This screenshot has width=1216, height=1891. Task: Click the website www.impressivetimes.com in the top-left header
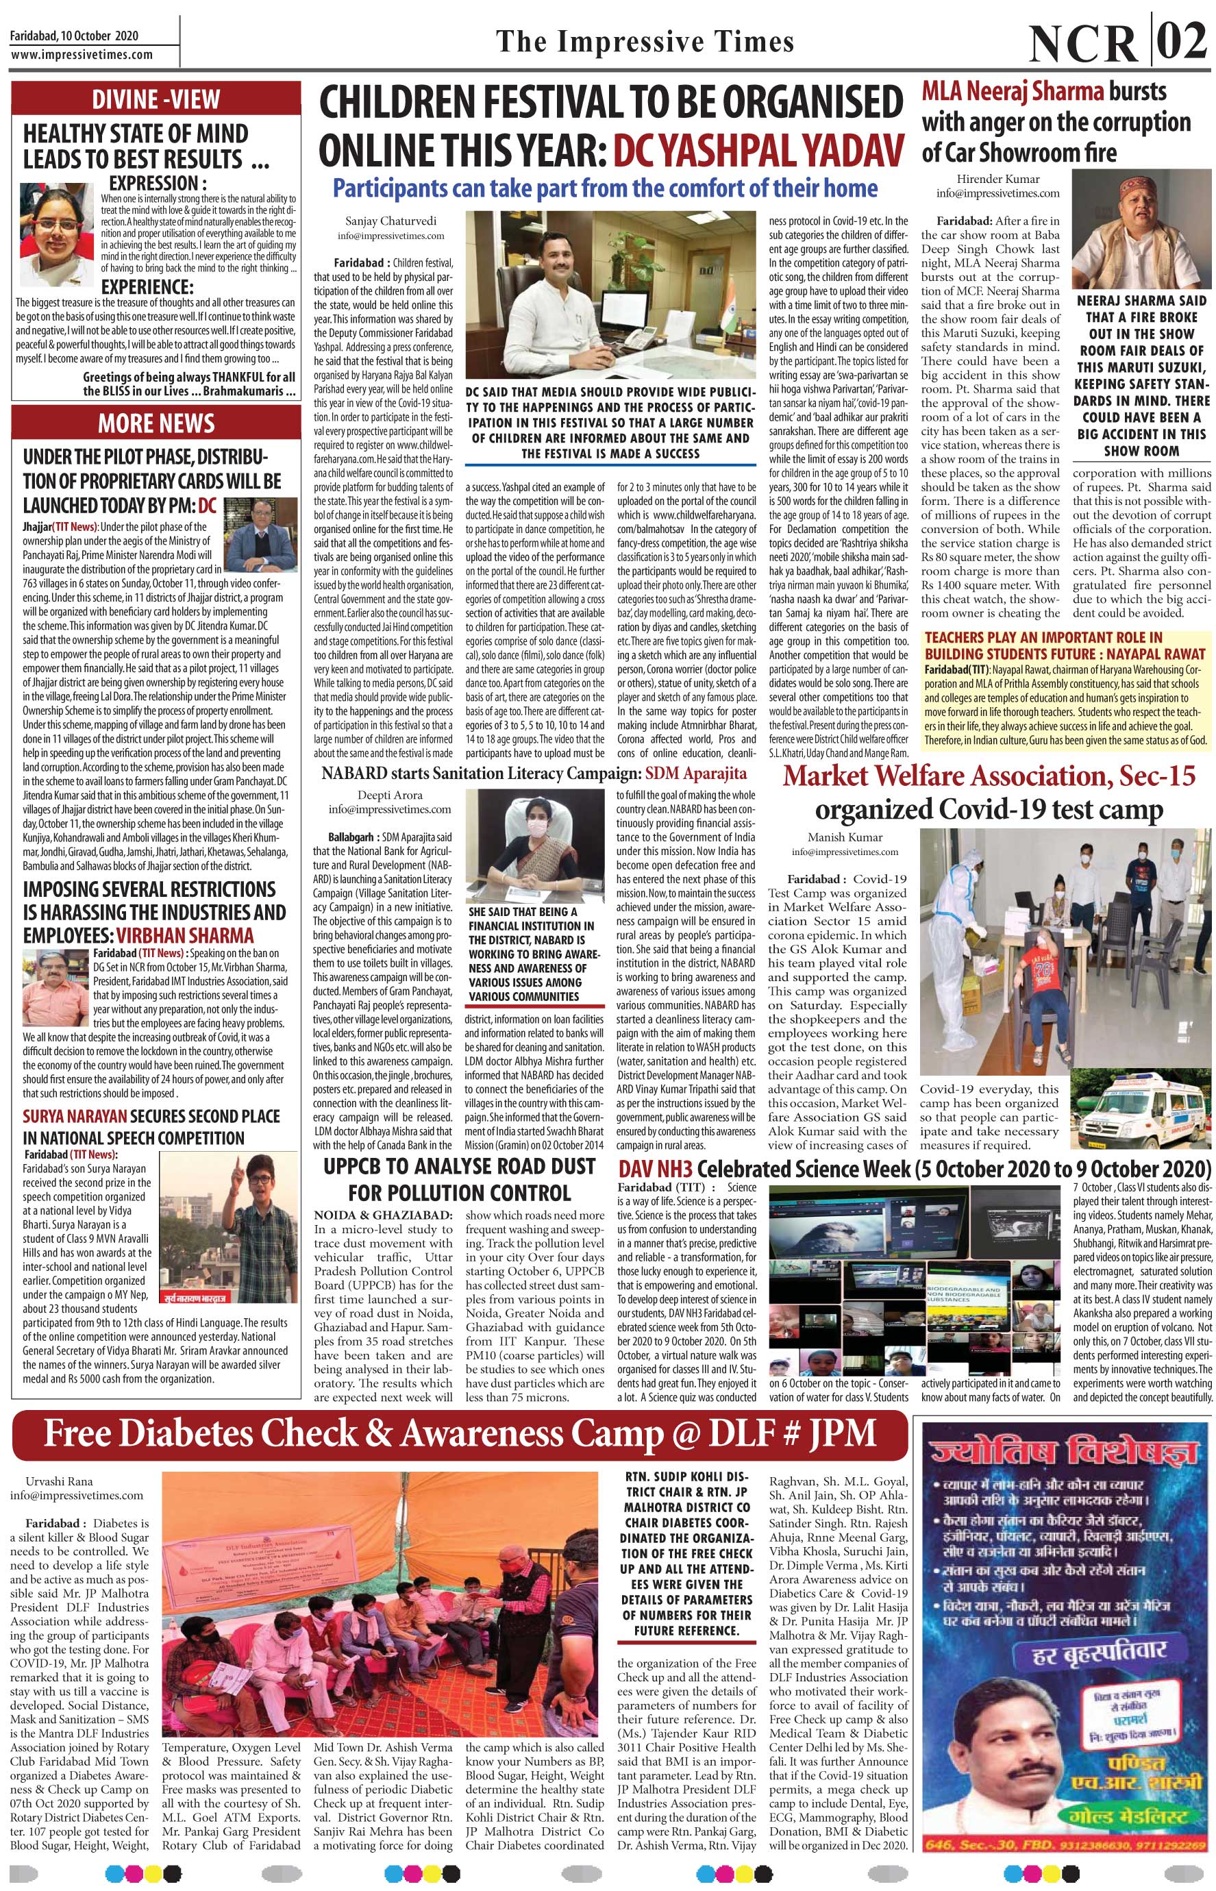pyautogui.click(x=82, y=55)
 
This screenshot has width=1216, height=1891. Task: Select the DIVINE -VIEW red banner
pyautogui.click(x=156, y=99)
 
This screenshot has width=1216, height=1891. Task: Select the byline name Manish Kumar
pyautogui.click(x=845, y=837)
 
